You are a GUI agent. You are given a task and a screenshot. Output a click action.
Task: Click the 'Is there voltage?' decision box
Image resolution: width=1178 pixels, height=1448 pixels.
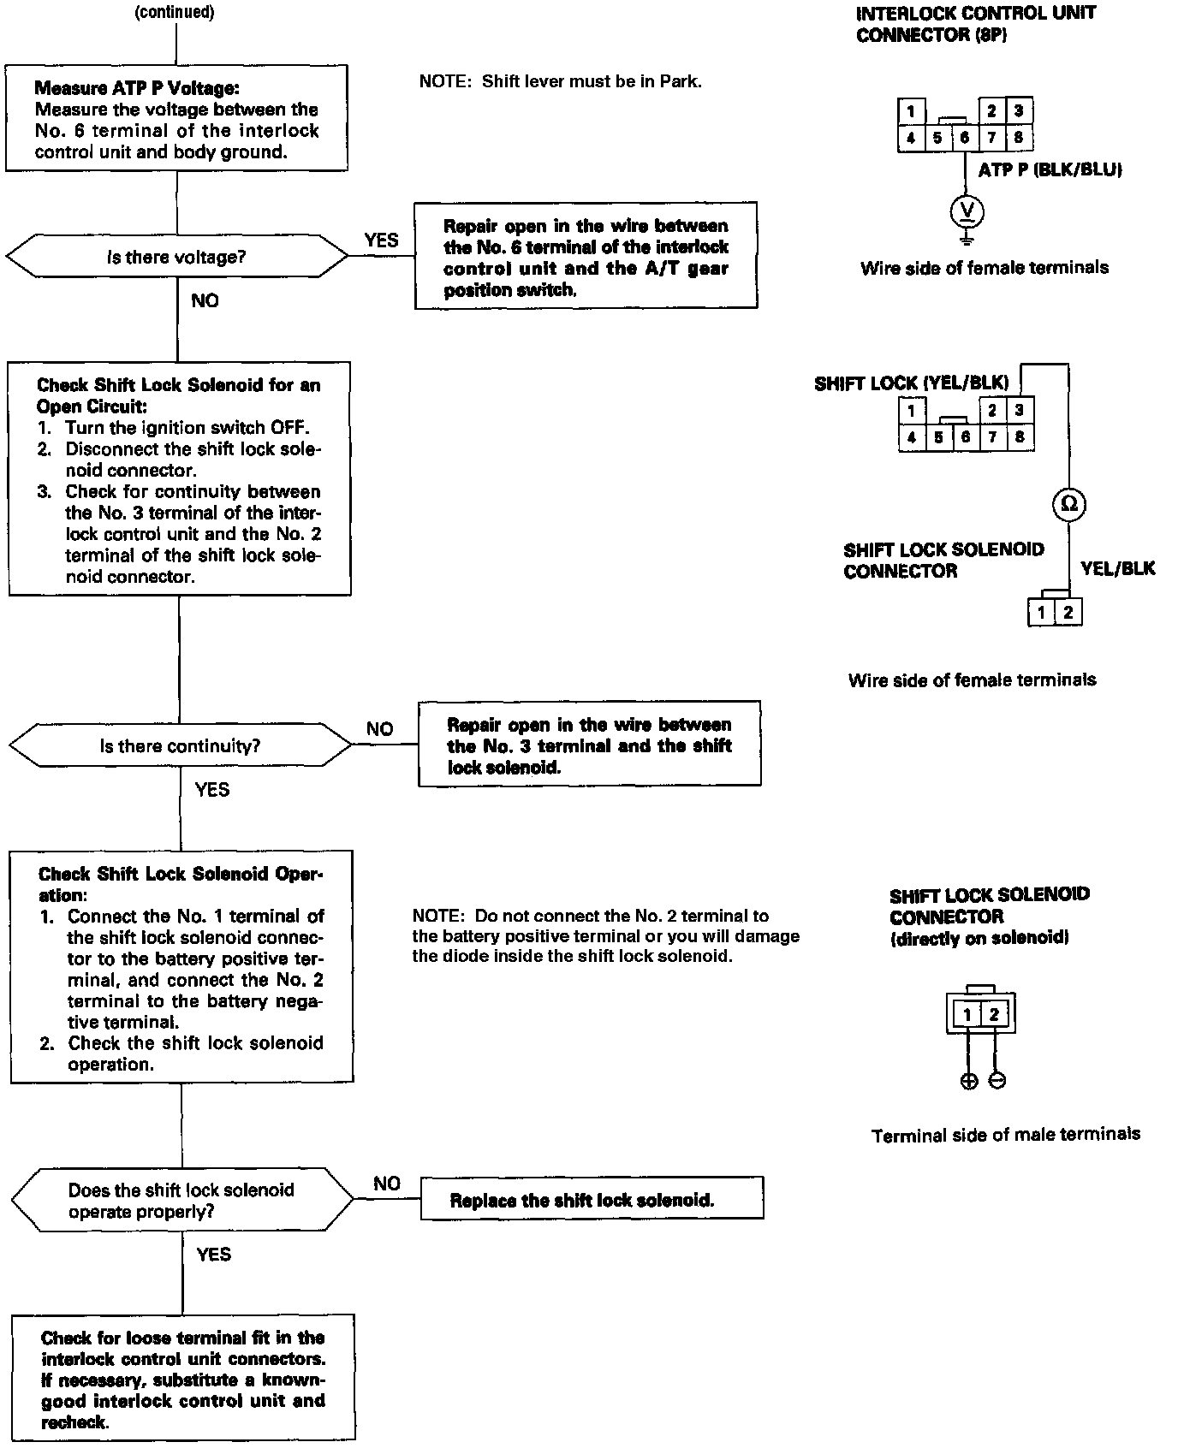pos(176,257)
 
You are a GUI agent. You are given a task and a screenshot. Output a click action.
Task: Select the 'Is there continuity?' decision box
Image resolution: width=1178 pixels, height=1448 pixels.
pos(180,746)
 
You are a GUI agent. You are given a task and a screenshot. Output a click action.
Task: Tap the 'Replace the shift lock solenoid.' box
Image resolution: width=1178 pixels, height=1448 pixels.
pos(592,1200)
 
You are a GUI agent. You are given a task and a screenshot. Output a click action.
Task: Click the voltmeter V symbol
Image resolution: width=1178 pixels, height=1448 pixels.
pos(967,211)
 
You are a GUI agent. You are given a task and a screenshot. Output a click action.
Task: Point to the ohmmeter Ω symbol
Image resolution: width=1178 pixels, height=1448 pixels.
pos(1068,504)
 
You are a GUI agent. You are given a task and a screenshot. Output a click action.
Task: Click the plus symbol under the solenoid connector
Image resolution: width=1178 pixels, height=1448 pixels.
pos(968,1081)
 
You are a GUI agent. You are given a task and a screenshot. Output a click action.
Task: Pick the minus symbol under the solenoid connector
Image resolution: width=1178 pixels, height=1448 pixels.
pos(997,1081)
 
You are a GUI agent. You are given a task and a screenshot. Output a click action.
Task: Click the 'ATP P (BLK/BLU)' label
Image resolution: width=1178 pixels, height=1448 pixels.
pos(1050,169)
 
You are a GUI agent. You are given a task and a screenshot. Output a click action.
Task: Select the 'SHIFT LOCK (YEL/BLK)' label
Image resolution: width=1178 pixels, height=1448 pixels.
pos(911,383)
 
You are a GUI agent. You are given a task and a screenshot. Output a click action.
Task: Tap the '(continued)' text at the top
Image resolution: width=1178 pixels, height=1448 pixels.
pos(175,12)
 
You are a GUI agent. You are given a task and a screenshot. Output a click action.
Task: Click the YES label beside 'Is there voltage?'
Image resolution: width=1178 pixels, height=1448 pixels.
pos(381,240)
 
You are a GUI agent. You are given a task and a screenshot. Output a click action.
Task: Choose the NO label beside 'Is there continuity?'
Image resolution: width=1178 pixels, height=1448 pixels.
pos(379,729)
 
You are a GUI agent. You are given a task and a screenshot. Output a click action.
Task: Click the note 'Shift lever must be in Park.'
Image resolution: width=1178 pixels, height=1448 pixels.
pos(560,82)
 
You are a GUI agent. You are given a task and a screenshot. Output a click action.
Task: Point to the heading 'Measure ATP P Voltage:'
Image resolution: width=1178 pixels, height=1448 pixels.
pos(137,88)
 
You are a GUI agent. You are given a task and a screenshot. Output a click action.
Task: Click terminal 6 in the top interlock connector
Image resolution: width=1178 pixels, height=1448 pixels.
pos(964,138)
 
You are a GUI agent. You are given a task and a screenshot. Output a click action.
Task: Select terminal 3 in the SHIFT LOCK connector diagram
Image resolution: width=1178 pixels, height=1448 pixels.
pos(1019,410)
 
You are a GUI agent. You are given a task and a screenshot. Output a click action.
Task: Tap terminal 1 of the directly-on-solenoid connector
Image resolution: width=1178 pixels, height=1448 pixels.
pos(967,1015)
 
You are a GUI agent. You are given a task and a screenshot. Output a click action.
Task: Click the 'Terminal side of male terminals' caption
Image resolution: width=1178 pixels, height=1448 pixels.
pos(1005,1135)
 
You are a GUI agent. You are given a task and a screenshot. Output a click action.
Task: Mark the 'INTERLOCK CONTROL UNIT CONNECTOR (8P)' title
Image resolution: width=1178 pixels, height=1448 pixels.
pos(975,24)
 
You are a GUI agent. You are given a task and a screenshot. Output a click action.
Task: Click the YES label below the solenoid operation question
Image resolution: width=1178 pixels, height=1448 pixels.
pos(213,1255)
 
